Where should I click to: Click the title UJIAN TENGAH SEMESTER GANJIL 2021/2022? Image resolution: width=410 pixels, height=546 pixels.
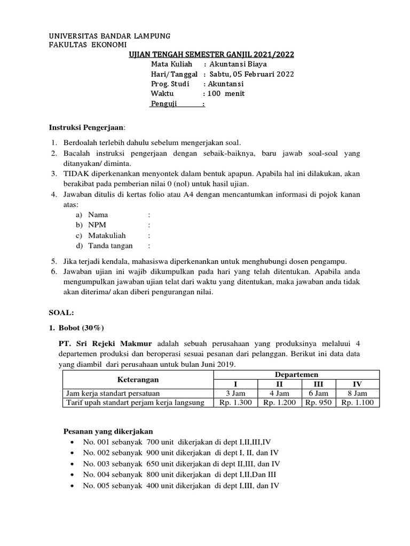point(211,55)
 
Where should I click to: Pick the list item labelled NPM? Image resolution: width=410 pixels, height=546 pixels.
point(97,225)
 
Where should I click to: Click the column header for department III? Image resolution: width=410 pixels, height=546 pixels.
point(317,384)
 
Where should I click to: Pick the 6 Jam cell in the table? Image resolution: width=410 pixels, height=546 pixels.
point(317,394)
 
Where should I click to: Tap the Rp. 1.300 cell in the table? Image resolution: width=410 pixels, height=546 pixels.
point(235,403)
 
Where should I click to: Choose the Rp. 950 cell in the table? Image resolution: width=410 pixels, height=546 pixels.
point(317,403)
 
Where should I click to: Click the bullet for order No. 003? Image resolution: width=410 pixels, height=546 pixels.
point(73,464)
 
